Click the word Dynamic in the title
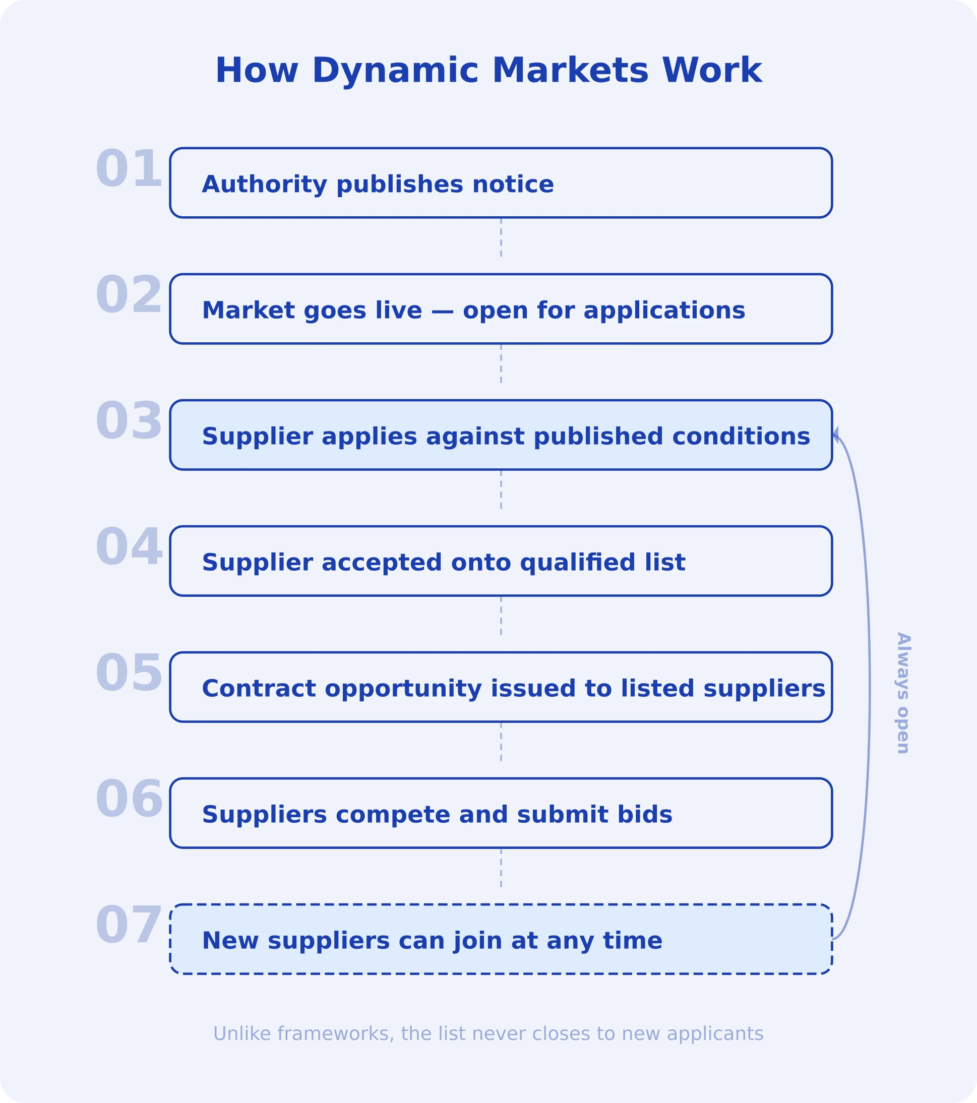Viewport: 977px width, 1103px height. [x=395, y=71]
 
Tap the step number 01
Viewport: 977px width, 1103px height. [x=129, y=169]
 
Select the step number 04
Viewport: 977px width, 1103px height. [x=129, y=548]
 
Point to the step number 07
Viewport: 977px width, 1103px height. [x=129, y=926]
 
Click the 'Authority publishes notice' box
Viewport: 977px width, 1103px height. [x=501, y=183]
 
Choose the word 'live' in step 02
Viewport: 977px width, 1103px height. [x=398, y=311]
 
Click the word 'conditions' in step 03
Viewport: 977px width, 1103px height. [x=741, y=437]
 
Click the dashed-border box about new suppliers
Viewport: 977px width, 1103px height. [x=501, y=940]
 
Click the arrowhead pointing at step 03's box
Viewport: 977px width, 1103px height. [x=835, y=434]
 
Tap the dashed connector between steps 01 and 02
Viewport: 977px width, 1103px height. [x=501, y=237]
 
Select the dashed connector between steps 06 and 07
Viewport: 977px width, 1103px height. [x=501, y=868]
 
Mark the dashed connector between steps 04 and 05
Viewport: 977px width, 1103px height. [x=501, y=616]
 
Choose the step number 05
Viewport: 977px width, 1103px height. [x=129, y=674]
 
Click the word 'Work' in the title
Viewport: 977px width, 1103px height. [x=711, y=71]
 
